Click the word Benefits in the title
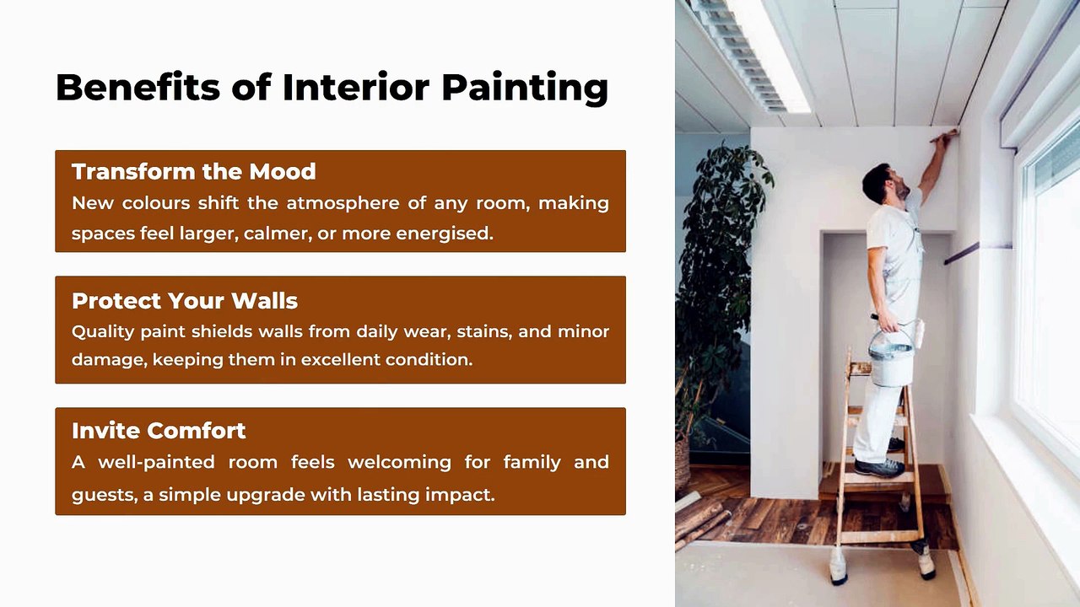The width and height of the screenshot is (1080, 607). coord(138,87)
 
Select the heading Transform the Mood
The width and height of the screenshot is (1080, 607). coord(194,171)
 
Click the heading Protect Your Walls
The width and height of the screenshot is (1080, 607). coord(185,301)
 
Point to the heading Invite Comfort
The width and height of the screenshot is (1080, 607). coord(159,430)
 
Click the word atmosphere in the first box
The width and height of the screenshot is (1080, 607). coord(343,204)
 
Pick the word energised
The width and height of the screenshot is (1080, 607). coord(445,234)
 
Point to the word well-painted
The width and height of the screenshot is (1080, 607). coord(156,463)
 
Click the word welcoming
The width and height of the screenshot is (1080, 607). coord(399,463)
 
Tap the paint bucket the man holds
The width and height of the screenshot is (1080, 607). coord(891,359)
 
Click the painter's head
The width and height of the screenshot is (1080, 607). coord(882,183)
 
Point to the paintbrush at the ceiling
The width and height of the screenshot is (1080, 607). coord(944,136)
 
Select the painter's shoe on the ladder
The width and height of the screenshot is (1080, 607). coord(879,467)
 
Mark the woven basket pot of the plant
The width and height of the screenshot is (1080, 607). coord(683,464)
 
